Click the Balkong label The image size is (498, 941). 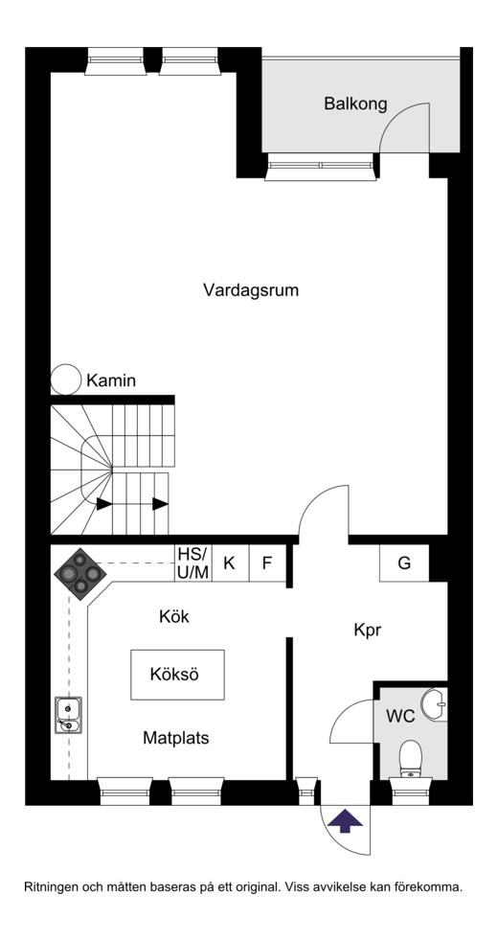(356, 103)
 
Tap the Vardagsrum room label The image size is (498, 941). (251, 290)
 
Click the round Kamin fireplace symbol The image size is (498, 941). (65, 379)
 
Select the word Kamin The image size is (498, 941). (112, 380)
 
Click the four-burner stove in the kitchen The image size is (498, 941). (79, 574)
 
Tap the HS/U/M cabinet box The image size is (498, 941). (193, 562)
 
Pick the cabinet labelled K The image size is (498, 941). (230, 562)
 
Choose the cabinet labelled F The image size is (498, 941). (267, 562)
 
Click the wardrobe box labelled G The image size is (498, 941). (404, 562)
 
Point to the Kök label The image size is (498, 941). (174, 616)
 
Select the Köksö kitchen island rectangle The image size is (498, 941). (177, 675)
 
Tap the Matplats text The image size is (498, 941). (176, 738)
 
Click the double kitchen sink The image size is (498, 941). (68, 715)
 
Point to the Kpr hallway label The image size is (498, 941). (368, 631)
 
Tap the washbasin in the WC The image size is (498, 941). (435, 704)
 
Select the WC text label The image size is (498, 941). (400, 716)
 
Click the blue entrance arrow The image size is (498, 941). (346, 820)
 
